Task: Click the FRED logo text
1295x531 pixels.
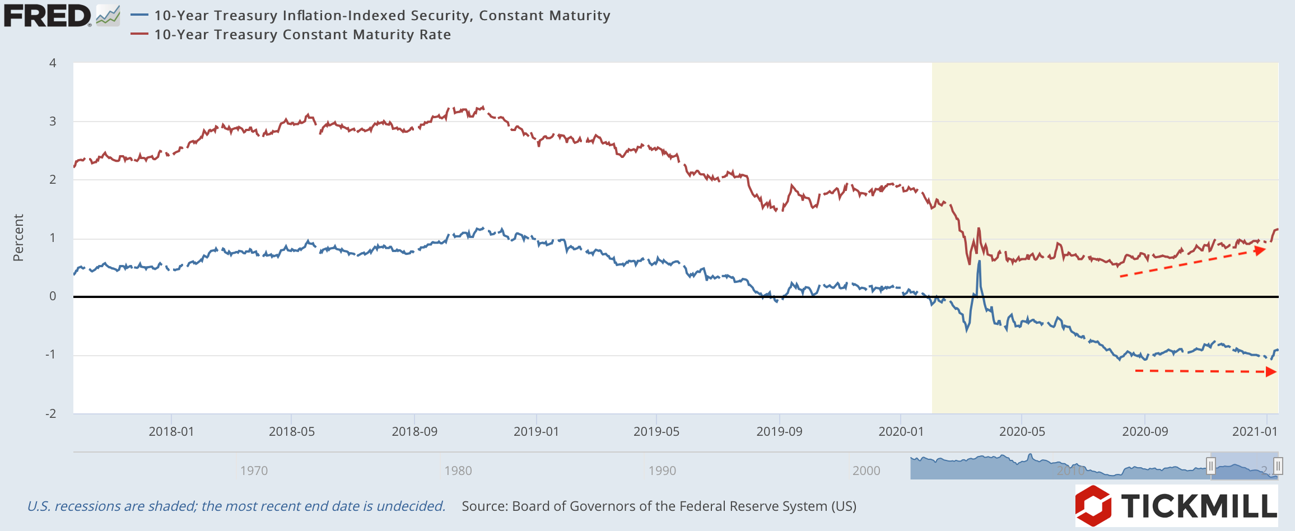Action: coord(47,16)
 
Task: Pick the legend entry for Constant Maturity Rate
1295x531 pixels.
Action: coord(302,35)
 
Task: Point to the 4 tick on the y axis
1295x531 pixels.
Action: coord(53,63)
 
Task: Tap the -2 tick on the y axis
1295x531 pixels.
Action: coord(51,413)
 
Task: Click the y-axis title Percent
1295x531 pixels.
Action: coord(18,237)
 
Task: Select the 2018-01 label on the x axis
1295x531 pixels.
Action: coord(171,431)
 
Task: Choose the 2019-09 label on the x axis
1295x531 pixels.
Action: coord(779,431)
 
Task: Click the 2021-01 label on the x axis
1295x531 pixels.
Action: coord(1255,431)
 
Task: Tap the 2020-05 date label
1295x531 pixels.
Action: coord(1022,431)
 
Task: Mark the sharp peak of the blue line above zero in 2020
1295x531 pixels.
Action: coord(979,262)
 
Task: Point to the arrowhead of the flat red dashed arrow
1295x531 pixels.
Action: coord(1271,371)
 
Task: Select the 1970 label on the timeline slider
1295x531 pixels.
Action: coord(254,471)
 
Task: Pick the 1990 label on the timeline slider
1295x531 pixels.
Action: coord(662,471)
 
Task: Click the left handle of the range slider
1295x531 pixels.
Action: coord(1211,465)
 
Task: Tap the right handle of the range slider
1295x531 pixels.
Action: coord(1278,465)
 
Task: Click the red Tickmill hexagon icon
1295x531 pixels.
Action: coord(1093,505)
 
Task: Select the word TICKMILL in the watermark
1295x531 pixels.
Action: coord(1199,506)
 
